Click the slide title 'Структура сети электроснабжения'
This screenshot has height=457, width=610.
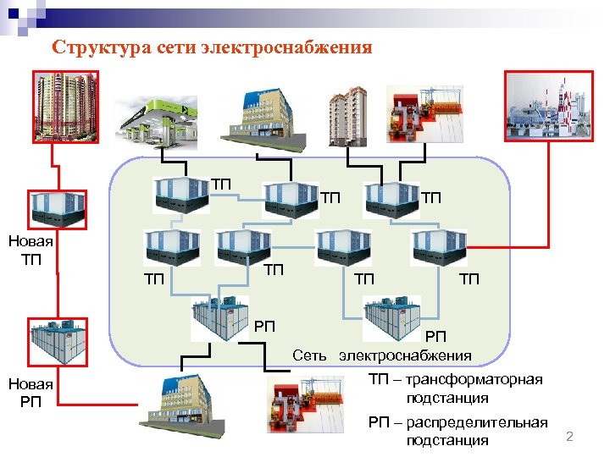point(212,47)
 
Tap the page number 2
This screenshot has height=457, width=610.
point(569,437)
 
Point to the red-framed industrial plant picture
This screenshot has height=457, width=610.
point(553,107)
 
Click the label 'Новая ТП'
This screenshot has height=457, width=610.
point(30,250)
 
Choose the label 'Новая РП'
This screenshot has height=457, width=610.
point(30,393)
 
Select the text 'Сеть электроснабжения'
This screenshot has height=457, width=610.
point(382,355)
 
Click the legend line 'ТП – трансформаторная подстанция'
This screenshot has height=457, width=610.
point(455,388)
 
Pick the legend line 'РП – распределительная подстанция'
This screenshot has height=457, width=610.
point(457,431)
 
